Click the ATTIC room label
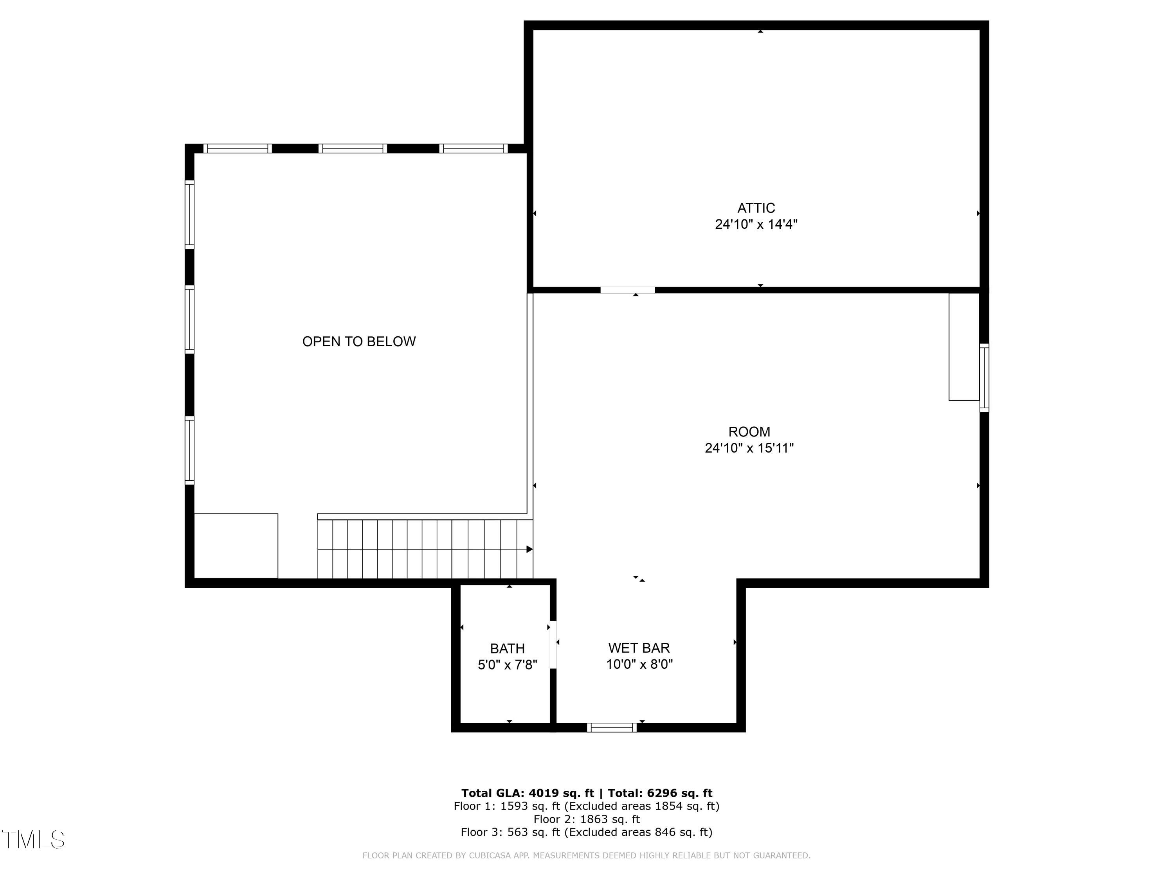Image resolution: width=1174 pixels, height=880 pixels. coord(756,208)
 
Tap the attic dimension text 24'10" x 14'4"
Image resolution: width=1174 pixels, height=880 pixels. coord(756,224)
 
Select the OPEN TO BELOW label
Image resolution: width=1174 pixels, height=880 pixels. coord(359,341)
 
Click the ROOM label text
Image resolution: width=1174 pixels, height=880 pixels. coord(749,432)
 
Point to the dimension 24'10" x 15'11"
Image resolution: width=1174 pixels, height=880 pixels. coord(749,448)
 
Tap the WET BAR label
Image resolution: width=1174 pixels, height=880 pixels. coord(639,648)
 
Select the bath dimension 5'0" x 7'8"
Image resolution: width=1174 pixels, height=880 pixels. coord(508,664)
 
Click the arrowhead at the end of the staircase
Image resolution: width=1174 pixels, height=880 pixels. coord(529,549)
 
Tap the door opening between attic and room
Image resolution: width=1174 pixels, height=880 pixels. coord(627,290)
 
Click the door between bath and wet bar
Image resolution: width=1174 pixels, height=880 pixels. coord(553,645)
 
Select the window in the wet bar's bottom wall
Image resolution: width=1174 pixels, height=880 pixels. coord(612,727)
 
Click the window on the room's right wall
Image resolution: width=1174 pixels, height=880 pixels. coord(984,378)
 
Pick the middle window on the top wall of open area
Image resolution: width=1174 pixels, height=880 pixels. coord(353,149)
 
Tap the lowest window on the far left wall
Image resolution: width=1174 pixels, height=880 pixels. coord(189,450)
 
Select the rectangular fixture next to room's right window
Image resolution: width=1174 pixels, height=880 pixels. coord(963,347)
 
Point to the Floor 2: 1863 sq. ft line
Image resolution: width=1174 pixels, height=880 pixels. coord(587,819)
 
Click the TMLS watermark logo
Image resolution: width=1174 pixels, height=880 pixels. coord(33,840)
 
